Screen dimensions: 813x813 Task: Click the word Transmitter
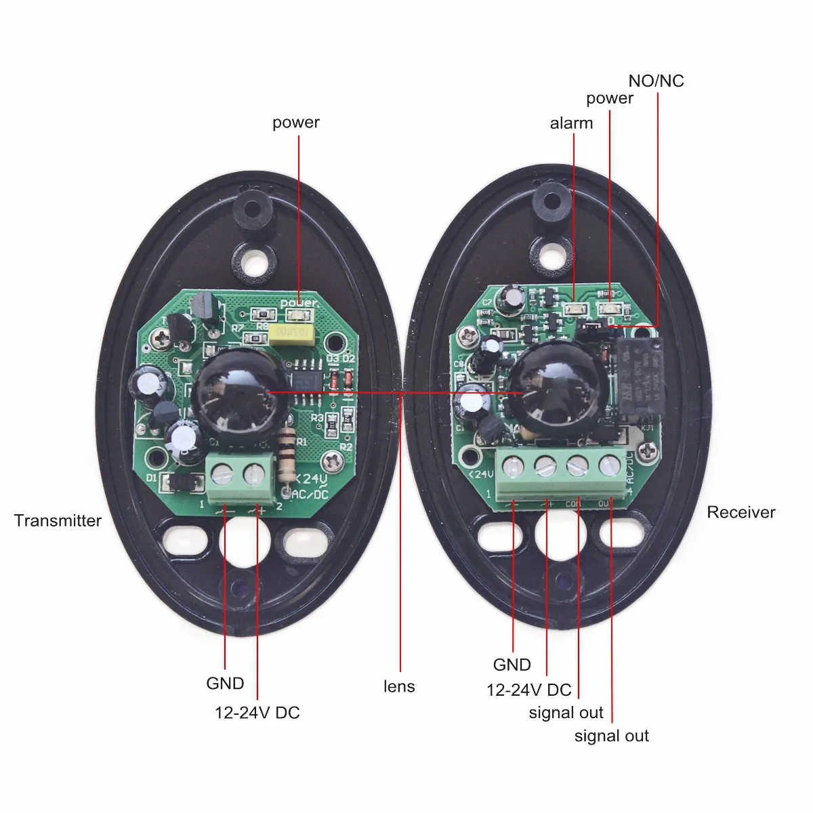click(x=58, y=520)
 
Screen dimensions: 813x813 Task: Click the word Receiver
click(x=741, y=512)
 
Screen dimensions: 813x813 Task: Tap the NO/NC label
click(x=656, y=81)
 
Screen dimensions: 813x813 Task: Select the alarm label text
click(x=571, y=123)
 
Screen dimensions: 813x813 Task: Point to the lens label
click(x=399, y=686)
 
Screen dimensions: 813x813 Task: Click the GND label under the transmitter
click(x=225, y=683)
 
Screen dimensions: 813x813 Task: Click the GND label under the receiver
click(x=512, y=665)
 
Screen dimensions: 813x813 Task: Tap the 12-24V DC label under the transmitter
click(x=257, y=713)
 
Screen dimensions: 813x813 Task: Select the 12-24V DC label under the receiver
click(x=529, y=690)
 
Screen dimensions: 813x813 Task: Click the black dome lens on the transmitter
click(x=234, y=393)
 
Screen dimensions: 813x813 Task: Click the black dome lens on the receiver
click(x=558, y=390)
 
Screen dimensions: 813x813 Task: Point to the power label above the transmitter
click(x=295, y=123)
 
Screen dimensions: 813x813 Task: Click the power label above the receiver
click(x=610, y=98)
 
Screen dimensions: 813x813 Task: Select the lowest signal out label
click(x=611, y=736)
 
